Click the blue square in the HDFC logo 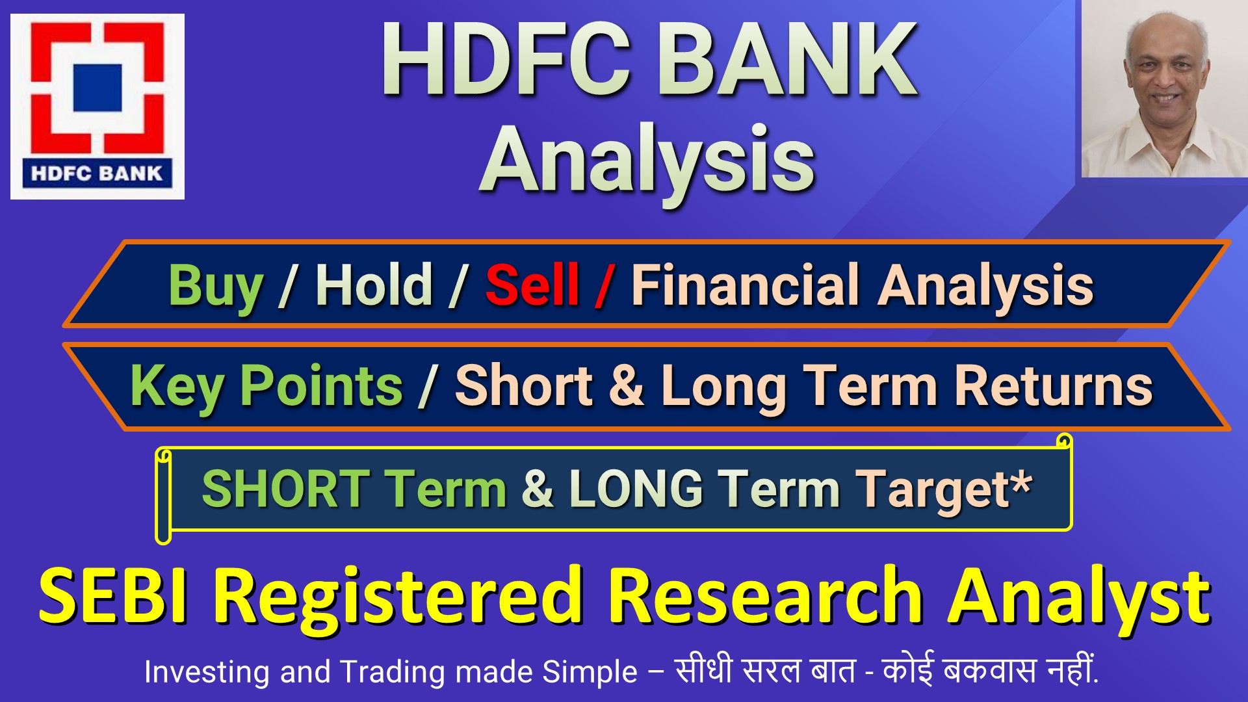pyautogui.click(x=97, y=87)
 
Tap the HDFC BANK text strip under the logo pyautogui.click(x=97, y=174)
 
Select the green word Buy pyautogui.click(x=216, y=286)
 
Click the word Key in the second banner pyautogui.click(x=177, y=386)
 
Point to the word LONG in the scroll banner pyautogui.click(x=636, y=489)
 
